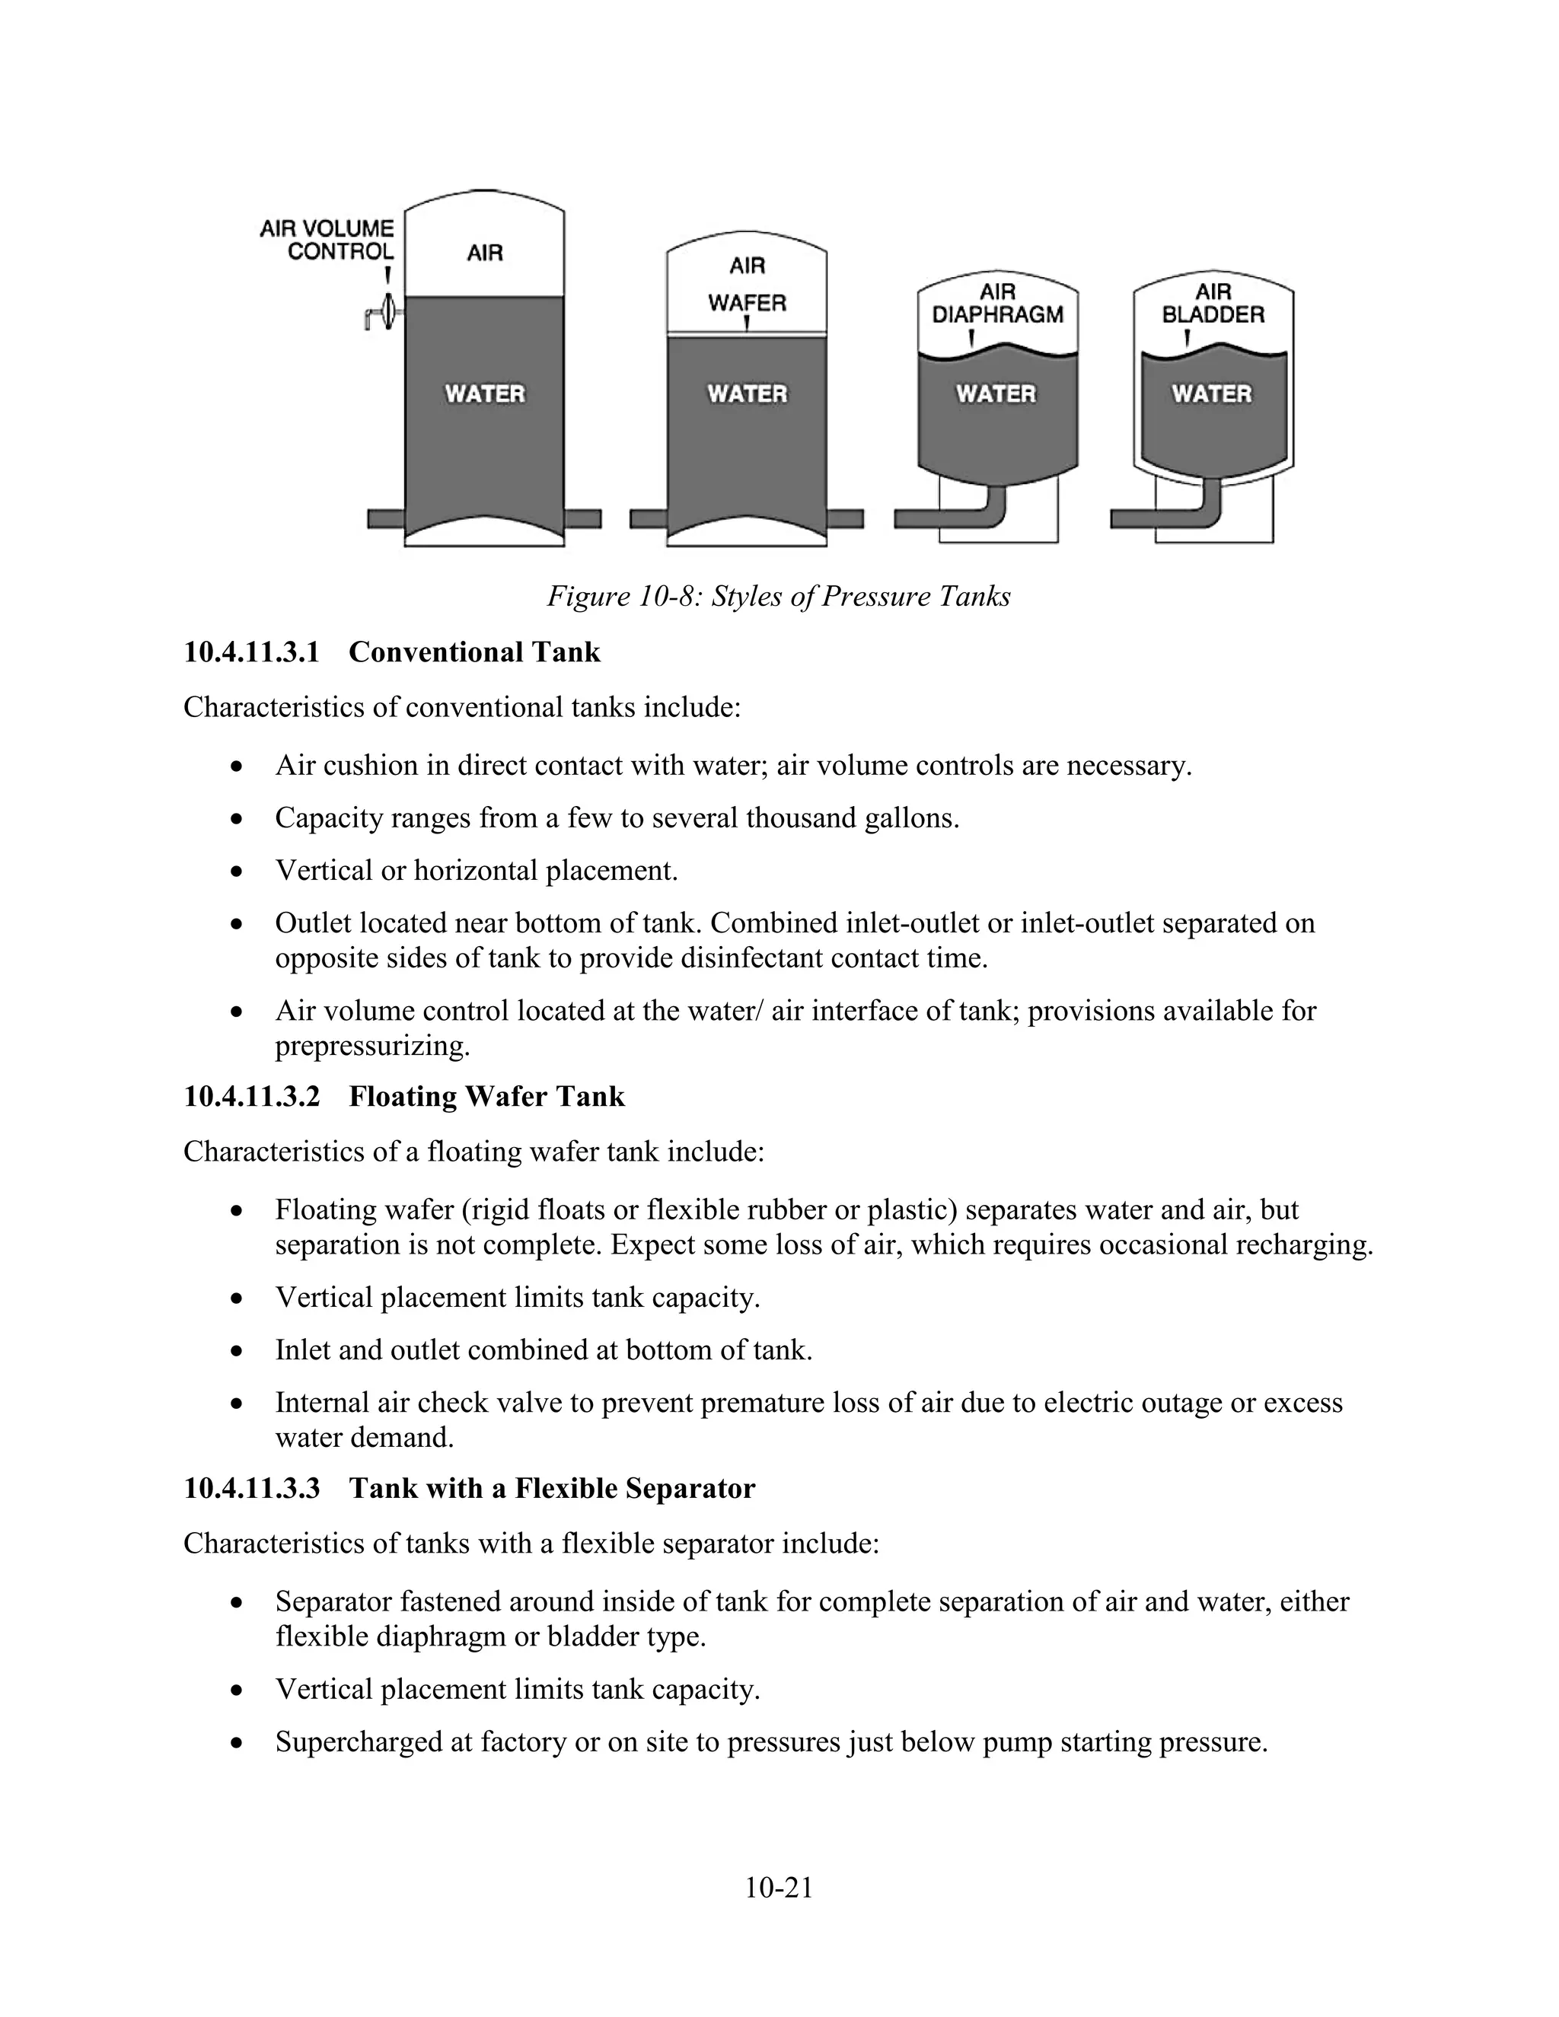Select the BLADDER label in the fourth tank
coord(1213,315)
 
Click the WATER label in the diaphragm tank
coord(996,394)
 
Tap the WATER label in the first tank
coord(485,394)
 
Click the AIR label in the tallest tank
coord(485,252)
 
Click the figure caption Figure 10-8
coord(779,596)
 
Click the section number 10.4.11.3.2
coord(251,1096)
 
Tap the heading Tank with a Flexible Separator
coord(551,1488)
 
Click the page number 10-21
coord(779,1888)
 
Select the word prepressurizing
coord(372,1047)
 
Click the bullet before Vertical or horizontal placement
coord(238,871)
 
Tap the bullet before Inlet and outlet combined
coord(238,1350)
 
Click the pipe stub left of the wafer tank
coord(649,519)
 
